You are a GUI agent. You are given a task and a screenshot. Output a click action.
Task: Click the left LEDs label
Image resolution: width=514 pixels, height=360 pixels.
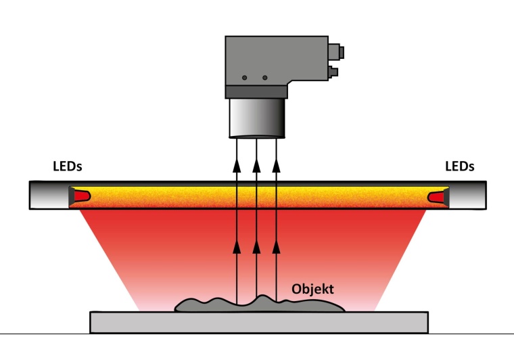pyautogui.click(x=72, y=166)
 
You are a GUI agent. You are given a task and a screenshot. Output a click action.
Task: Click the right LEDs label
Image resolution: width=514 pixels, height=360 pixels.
pyautogui.click(x=460, y=166)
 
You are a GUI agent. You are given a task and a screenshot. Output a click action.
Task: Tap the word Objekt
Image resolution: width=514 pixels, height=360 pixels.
pyautogui.click(x=312, y=289)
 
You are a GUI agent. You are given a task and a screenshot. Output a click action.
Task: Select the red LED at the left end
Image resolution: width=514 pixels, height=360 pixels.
pyautogui.click(x=81, y=196)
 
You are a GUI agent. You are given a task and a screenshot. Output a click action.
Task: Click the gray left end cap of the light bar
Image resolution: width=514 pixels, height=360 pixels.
pyautogui.click(x=49, y=196)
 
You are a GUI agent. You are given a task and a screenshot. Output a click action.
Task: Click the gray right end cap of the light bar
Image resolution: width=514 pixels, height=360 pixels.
pyautogui.click(x=467, y=196)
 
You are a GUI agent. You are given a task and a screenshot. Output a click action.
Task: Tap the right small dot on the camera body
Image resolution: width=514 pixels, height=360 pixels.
pyautogui.click(x=264, y=78)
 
